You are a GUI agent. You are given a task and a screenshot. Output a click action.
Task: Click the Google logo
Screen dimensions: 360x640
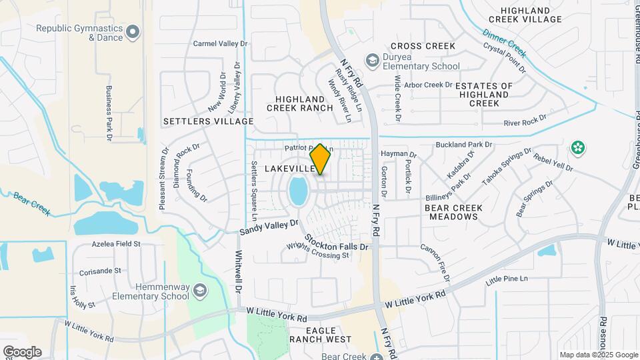click(x=21, y=352)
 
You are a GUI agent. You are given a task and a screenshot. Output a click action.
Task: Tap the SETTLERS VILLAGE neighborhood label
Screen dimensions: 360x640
click(x=209, y=121)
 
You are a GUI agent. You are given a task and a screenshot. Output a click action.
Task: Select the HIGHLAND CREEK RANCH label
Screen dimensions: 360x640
click(x=299, y=103)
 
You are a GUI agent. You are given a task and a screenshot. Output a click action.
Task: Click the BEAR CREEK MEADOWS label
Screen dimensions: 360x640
click(x=453, y=212)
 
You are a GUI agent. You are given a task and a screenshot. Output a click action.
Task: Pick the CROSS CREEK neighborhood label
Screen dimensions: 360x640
click(x=423, y=46)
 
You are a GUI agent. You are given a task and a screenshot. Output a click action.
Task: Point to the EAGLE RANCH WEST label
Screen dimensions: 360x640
click(x=320, y=335)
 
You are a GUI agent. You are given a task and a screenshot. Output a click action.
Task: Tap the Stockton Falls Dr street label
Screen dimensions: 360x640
click(x=337, y=242)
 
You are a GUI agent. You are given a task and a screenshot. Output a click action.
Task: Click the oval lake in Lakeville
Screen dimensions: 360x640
click(x=298, y=191)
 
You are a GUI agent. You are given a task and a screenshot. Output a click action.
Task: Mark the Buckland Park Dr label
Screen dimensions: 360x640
click(x=463, y=144)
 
